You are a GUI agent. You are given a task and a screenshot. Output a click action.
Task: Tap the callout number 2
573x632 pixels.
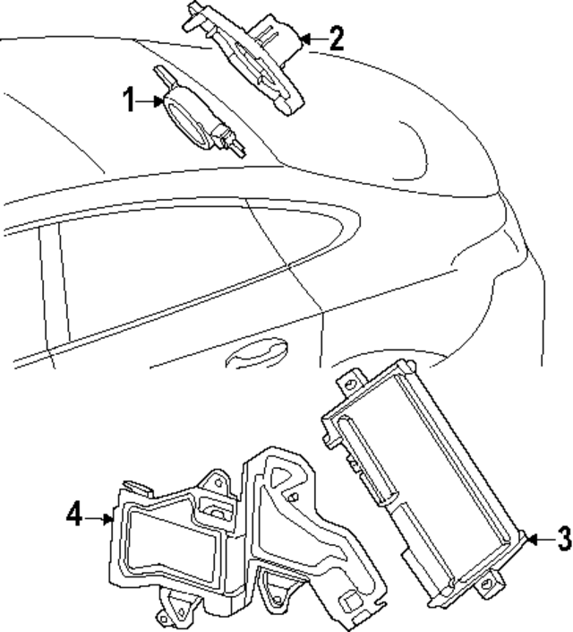(335, 38)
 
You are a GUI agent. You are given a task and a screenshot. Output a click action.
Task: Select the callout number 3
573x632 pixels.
(562, 540)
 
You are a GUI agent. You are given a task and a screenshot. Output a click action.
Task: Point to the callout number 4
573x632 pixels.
(74, 515)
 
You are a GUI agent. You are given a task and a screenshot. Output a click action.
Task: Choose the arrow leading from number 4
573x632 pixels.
(98, 516)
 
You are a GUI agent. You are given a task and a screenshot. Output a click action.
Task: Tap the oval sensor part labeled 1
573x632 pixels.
(184, 112)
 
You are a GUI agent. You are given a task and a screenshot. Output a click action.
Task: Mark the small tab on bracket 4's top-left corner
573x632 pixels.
(134, 485)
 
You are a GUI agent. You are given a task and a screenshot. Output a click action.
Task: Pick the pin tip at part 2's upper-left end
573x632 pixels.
(192, 6)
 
